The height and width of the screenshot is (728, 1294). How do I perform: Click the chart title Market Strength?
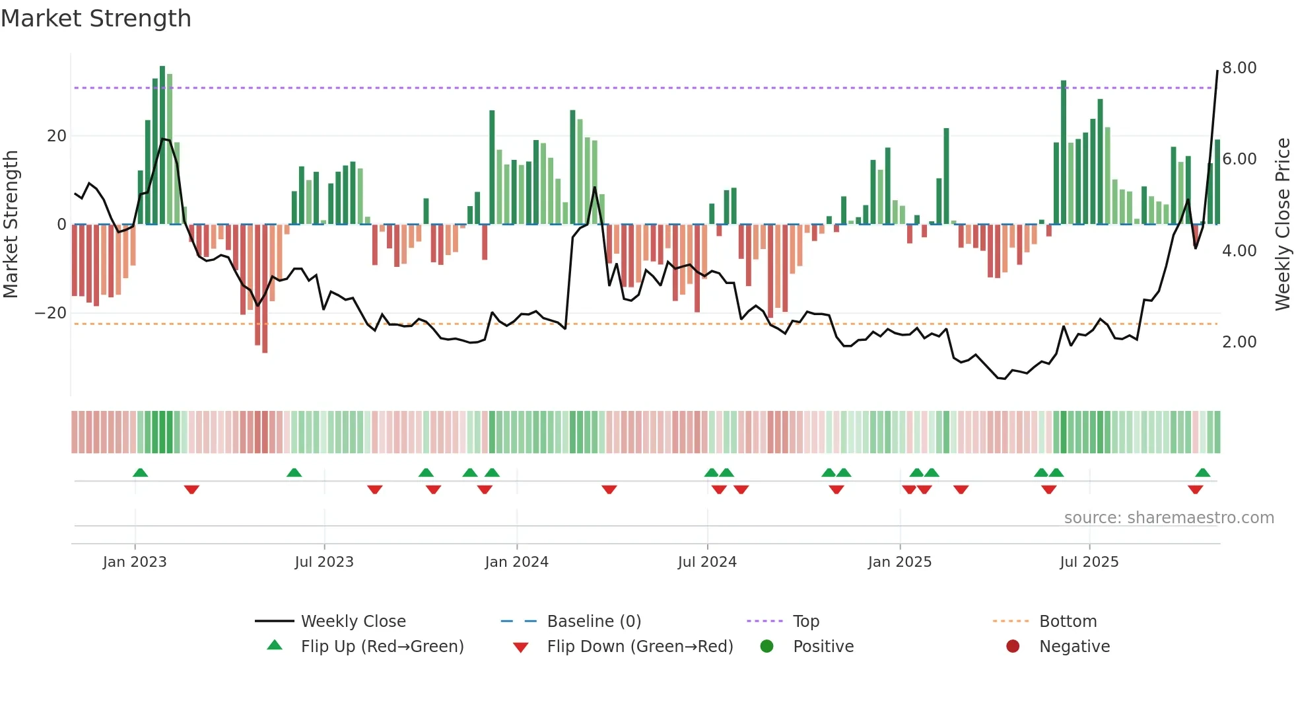96,18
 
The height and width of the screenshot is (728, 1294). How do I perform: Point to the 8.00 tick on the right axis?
1239,68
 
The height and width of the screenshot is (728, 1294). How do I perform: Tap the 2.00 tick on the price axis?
1239,342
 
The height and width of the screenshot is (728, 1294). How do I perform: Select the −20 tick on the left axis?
51,313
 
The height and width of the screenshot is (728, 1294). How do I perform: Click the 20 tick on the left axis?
57,136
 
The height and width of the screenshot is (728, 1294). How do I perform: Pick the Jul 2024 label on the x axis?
707,562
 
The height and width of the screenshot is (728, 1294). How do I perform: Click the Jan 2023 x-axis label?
135,562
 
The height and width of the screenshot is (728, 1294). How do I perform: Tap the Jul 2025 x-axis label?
1089,562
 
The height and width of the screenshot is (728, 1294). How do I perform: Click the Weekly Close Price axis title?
1282,225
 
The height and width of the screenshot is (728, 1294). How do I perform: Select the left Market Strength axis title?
11,225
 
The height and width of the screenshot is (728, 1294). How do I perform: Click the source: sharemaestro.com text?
1169,518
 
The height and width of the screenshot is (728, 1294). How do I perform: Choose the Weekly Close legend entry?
353,622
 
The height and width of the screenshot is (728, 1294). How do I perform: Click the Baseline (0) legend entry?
594,622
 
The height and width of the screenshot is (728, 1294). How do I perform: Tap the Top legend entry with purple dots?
805,622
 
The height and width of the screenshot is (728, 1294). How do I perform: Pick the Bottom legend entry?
1068,622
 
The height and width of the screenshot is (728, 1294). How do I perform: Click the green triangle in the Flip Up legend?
275,645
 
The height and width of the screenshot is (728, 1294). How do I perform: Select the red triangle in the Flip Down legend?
520,647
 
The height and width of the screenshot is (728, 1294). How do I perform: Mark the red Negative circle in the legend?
1013,647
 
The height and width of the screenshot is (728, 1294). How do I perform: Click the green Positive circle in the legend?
766,647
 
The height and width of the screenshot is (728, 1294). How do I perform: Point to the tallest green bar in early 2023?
162,145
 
